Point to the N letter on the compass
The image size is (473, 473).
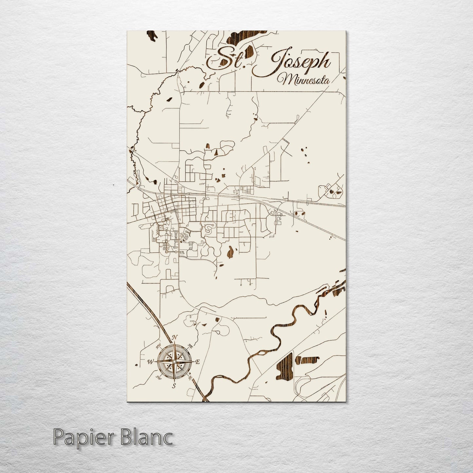point(175,337)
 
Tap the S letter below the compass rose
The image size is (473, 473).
point(174,385)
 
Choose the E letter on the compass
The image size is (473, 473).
point(197,362)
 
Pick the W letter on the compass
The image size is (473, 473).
point(151,362)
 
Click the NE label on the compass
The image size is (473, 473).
point(191,345)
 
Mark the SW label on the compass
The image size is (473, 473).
point(158,378)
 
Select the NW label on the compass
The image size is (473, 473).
point(158,346)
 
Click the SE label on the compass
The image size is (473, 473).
point(190,378)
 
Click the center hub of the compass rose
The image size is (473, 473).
point(174,361)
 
